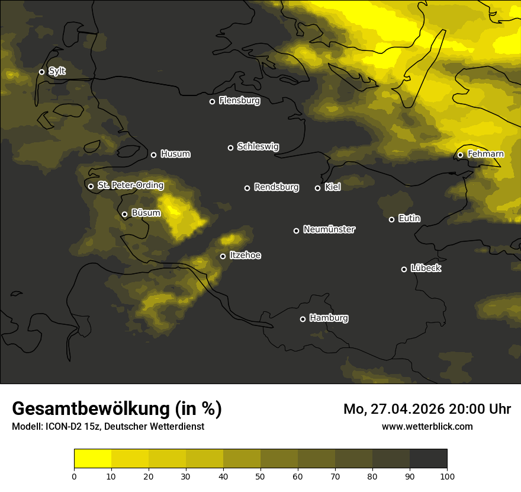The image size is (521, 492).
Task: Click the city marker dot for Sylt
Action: (x=41, y=72)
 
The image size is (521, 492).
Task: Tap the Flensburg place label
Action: (x=239, y=101)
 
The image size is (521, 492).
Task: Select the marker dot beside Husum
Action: (x=153, y=155)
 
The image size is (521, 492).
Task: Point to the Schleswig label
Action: (x=258, y=146)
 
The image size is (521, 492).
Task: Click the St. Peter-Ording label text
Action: (x=130, y=186)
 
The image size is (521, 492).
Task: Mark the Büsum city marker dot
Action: (x=124, y=215)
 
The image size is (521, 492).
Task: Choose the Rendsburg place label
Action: (x=276, y=187)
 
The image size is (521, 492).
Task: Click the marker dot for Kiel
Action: (x=317, y=188)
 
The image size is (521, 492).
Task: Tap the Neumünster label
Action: (x=329, y=229)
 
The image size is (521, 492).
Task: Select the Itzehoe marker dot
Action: (x=223, y=256)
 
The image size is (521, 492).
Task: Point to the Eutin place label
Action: (x=409, y=219)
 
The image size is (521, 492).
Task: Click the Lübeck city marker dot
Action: (x=404, y=269)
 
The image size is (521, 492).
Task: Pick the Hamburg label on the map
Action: (x=329, y=318)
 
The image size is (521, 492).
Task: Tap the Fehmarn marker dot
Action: (x=460, y=155)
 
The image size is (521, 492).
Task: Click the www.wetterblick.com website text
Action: (x=427, y=426)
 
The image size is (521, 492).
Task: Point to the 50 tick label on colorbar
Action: (x=260, y=476)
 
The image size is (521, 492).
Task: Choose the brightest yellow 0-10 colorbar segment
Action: (x=92, y=459)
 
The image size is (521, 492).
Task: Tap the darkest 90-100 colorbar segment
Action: (x=428, y=459)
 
